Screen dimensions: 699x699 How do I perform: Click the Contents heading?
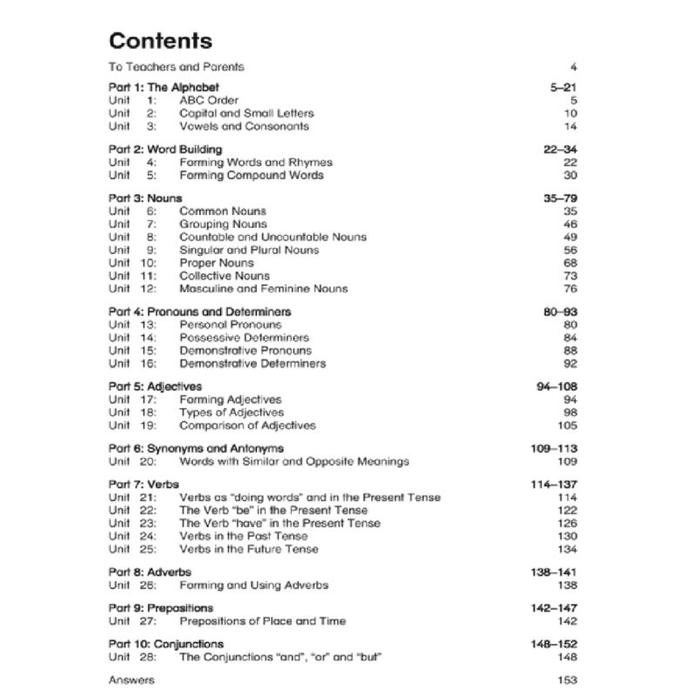(160, 41)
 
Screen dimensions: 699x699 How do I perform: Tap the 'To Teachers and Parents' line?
(176, 66)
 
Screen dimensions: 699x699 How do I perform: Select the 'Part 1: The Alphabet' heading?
(163, 87)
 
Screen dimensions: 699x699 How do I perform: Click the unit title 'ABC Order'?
(209, 100)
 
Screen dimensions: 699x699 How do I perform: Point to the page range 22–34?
(560, 149)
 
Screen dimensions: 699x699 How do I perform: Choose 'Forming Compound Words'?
(251, 175)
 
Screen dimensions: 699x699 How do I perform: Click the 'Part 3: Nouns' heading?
(145, 198)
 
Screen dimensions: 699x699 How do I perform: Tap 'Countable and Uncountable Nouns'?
(273, 237)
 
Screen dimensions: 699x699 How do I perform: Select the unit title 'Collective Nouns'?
(225, 275)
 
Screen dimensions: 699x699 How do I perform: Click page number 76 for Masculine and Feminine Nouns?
(571, 288)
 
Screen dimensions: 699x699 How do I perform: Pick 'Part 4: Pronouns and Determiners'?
(199, 312)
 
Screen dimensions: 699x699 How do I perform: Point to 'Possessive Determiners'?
(244, 337)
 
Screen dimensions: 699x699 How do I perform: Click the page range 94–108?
(557, 386)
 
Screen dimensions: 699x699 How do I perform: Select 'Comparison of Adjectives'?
(247, 426)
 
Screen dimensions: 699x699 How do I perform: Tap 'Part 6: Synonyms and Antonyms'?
(196, 448)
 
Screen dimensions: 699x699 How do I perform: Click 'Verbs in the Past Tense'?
(244, 536)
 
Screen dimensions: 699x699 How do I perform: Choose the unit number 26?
(148, 585)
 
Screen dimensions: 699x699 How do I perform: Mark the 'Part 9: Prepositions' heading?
(160, 608)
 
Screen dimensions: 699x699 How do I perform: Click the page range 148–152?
(554, 644)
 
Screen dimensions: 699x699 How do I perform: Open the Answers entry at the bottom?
(131, 680)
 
